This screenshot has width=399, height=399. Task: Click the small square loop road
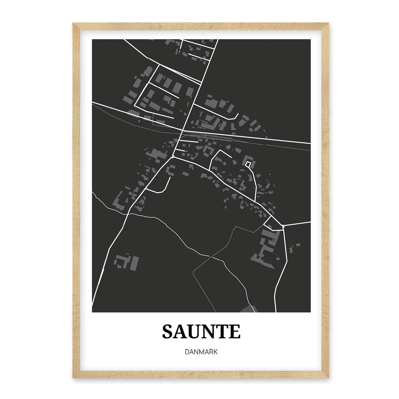pos(248,164)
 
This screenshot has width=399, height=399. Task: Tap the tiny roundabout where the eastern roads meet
pos(283,226)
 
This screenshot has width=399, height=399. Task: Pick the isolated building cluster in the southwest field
pos(126,262)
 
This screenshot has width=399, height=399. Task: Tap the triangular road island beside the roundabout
pos(271,223)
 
